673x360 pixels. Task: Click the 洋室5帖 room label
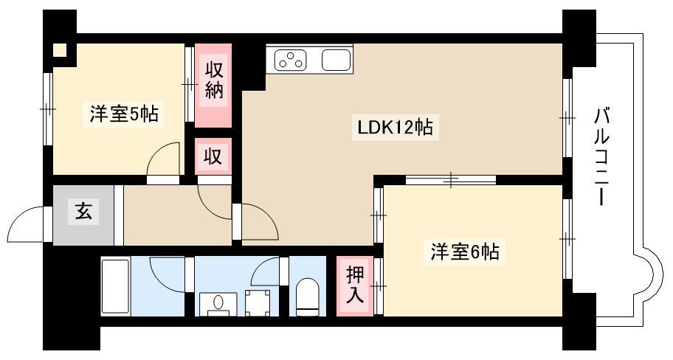124,114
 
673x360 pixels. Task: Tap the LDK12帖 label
395,128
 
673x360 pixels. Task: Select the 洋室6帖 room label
465,252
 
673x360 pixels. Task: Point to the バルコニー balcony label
602,157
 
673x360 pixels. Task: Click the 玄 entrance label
83,212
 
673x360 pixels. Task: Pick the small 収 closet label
213,156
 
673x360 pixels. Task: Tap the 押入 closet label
355,285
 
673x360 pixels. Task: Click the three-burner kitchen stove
291,59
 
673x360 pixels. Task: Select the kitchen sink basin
336,60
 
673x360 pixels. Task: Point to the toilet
308,297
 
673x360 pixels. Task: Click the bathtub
115,287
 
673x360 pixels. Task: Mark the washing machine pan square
258,303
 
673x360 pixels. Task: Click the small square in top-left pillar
60,50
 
